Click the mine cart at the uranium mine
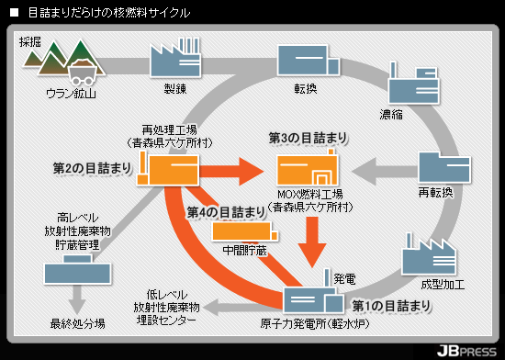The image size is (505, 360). click(x=83, y=73)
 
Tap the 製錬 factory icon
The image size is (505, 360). click(x=175, y=57)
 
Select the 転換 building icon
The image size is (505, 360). click(x=309, y=61)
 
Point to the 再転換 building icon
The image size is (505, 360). click(x=444, y=167)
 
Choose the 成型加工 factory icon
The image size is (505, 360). click(x=429, y=255)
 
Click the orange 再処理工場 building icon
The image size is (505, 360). click(x=168, y=168)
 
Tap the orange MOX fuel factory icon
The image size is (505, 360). click(x=308, y=167)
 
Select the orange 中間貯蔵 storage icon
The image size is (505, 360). click(x=245, y=231)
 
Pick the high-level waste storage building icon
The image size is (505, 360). click(x=77, y=270)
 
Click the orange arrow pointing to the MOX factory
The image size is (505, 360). click(x=231, y=171)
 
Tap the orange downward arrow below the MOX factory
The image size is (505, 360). click(x=312, y=242)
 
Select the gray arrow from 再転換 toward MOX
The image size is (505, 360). click(x=385, y=172)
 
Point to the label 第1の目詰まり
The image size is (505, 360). click(x=391, y=306)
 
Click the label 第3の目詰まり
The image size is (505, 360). click(x=309, y=138)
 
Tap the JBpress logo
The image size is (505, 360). click(x=466, y=351)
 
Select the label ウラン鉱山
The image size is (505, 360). click(x=72, y=94)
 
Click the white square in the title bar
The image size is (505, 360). click(x=14, y=13)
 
